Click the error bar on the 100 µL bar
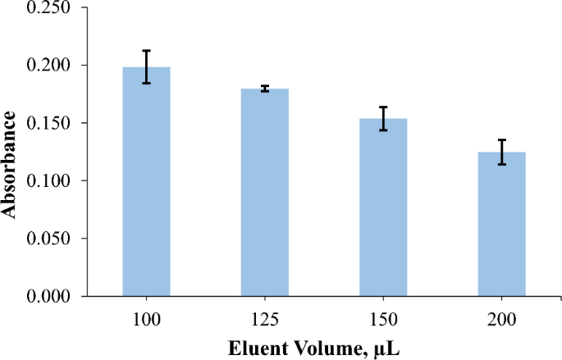(x=146, y=66)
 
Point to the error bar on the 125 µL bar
(x=264, y=89)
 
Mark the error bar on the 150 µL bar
(x=383, y=118)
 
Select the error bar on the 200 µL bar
(x=501, y=152)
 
